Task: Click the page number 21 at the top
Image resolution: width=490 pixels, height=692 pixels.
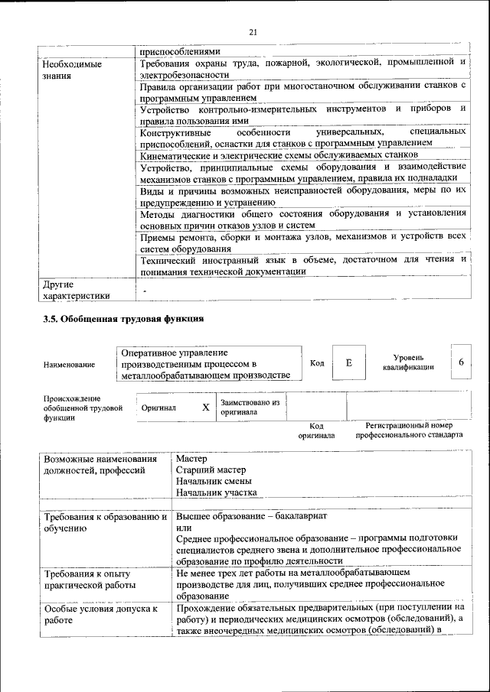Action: point(253,31)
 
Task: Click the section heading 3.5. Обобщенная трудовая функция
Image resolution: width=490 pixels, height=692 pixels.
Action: point(123,319)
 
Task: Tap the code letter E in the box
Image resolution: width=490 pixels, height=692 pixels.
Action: point(348,363)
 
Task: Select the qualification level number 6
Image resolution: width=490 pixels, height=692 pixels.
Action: point(461,362)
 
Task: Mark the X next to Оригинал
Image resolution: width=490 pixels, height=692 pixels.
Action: point(205,408)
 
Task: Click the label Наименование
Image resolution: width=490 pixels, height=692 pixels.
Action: point(70,365)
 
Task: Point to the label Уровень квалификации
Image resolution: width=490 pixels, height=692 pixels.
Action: point(409,362)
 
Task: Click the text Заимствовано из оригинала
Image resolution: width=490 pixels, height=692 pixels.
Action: point(250,407)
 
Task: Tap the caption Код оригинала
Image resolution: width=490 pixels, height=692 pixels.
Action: point(316,430)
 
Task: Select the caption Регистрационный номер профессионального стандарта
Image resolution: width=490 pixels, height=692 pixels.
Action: point(409,430)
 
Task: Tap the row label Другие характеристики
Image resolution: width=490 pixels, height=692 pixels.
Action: point(76,290)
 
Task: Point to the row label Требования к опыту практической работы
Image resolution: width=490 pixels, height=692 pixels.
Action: point(89,579)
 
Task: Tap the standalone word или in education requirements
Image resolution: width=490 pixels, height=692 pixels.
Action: point(183,528)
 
